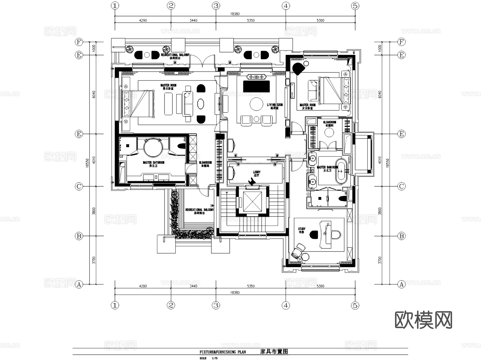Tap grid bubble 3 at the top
click(216, 6)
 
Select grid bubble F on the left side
click(79, 42)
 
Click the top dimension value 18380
click(235, 14)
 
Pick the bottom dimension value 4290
click(143, 286)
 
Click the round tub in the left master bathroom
click(153, 147)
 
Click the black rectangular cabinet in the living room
click(256, 87)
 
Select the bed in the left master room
click(138, 104)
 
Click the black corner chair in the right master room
click(298, 68)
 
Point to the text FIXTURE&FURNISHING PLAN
click(223, 352)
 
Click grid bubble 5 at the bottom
click(355, 305)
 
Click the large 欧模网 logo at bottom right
click(424, 320)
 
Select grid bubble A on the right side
click(401, 285)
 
